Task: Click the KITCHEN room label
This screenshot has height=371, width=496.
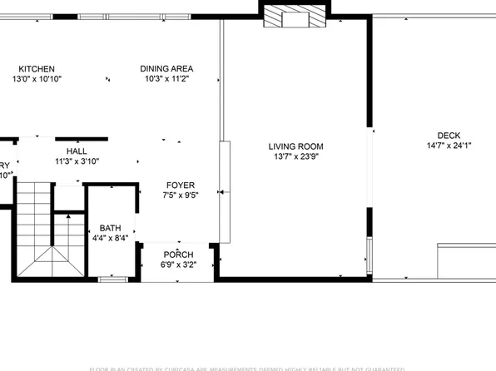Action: (x=37, y=69)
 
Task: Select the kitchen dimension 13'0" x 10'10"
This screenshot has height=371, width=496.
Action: (x=37, y=79)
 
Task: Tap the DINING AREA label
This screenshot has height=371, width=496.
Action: (x=167, y=69)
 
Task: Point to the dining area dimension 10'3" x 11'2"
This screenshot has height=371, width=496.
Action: (x=167, y=79)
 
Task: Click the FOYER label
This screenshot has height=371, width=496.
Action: (x=180, y=185)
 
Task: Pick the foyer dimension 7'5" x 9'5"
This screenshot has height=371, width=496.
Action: (x=180, y=195)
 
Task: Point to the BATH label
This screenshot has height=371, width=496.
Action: (x=111, y=228)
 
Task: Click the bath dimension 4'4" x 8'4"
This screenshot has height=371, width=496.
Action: (x=111, y=239)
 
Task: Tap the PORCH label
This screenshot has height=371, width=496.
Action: (x=178, y=255)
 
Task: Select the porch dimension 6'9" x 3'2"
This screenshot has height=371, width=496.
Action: (x=178, y=265)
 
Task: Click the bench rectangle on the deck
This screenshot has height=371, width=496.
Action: (x=467, y=260)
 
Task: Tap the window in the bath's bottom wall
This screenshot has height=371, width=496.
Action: (x=111, y=278)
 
